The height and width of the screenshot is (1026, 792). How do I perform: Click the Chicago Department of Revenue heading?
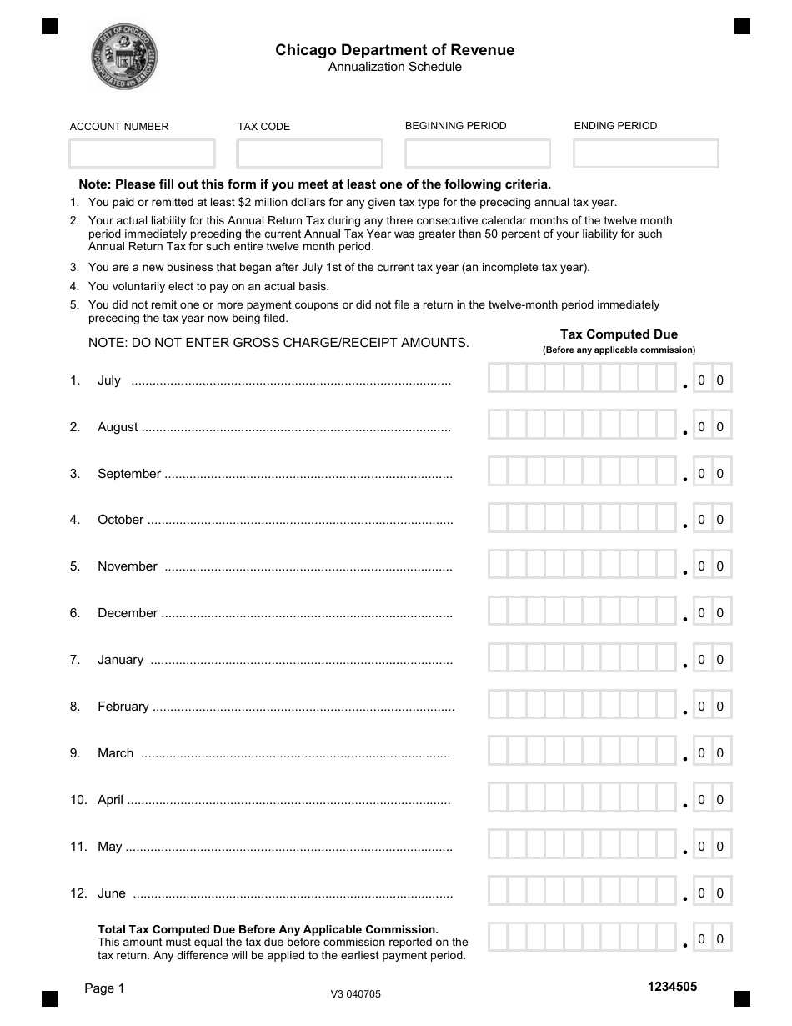[x=395, y=50]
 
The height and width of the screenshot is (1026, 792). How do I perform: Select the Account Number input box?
[x=142, y=153]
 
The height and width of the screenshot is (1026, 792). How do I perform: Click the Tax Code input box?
[x=309, y=153]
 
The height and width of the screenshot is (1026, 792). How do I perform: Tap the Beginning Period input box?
[x=477, y=153]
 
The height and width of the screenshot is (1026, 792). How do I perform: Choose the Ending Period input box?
[x=645, y=153]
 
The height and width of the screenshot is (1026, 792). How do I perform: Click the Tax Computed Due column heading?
[x=619, y=334]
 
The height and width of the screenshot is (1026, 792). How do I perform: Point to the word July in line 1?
[x=109, y=380]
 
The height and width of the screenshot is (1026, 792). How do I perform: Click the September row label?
[x=129, y=474]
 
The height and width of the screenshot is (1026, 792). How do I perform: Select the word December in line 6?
[x=128, y=613]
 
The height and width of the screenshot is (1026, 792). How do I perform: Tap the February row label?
[x=123, y=707]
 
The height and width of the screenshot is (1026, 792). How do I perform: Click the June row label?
[x=112, y=893]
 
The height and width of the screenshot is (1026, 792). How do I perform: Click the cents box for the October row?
[x=711, y=520]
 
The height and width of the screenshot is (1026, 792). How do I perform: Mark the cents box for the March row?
[x=711, y=753]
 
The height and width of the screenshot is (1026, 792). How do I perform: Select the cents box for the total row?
[x=711, y=939]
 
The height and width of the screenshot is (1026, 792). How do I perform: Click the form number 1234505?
[x=672, y=987]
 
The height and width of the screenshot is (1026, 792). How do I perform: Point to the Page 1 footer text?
[x=104, y=988]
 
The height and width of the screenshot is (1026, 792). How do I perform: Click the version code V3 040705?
[x=356, y=993]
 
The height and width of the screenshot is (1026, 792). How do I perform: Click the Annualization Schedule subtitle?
[x=395, y=67]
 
